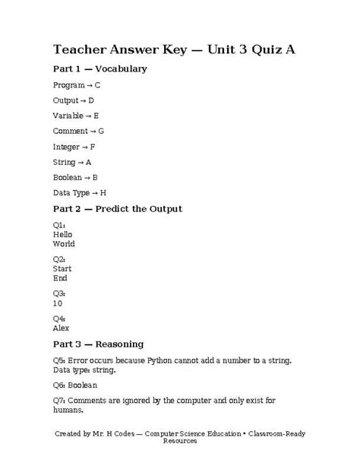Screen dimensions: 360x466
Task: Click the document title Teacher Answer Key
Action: pyautogui.click(x=174, y=50)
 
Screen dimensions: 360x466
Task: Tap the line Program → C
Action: pyautogui.click(x=76, y=85)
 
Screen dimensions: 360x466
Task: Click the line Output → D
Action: pyautogui.click(x=74, y=100)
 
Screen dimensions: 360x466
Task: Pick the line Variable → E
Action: pyautogui.click(x=76, y=116)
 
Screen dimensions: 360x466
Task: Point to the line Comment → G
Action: pyautogui.click(x=78, y=131)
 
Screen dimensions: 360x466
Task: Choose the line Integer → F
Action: pyautogui.click(x=74, y=147)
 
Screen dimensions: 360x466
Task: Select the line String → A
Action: pyautogui.click(x=72, y=162)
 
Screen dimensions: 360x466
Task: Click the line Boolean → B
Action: pyautogui.click(x=75, y=177)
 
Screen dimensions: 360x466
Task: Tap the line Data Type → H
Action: pyautogui.click(x=80, y=193)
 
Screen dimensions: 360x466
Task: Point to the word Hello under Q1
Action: pyautogui.click(x=62, y=235)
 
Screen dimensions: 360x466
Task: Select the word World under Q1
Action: pyautogui.click(x=64, y=244)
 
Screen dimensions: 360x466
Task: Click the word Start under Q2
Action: pyautogui.click(x=62, y=269)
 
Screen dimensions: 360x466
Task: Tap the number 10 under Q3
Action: pyautogui.click(x=58, y=303)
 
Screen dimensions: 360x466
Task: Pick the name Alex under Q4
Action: pyautogui.click(x=61, y=328)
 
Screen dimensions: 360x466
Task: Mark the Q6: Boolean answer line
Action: pyautogui.click(x=75, y=385)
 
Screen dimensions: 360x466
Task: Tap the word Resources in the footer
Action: pyautogui.click(x=179, y=441)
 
